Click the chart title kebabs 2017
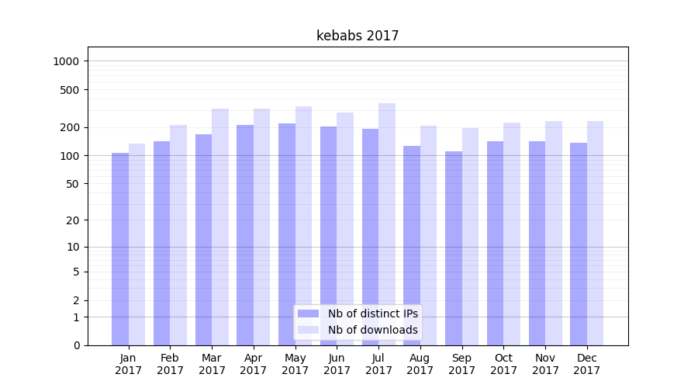[358, 36]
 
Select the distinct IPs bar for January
[120, 248]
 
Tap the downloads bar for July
[387, 225]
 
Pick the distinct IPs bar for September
[454, 248]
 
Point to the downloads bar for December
[595, 233]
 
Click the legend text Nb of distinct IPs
[372, 314]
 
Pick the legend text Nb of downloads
[372, 330]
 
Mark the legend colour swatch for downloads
[309, 330]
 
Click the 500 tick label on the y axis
[71, 90]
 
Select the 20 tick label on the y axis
[74, 220]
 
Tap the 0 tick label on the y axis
[77, 345]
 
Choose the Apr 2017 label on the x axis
[254, 364]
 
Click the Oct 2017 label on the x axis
[503, 364]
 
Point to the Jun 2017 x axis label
[337, 364]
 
